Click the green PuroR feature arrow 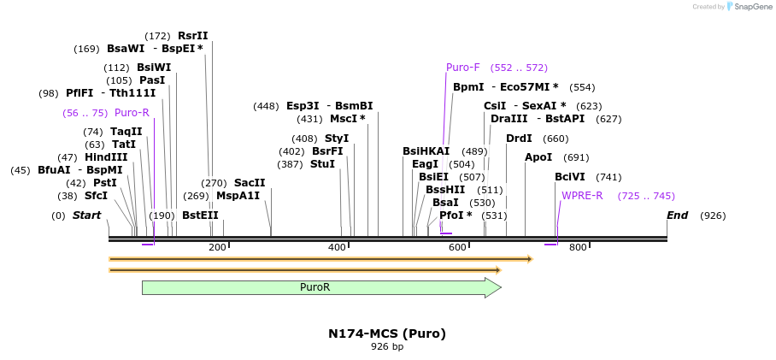[316, 287]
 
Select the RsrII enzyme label [192, 36]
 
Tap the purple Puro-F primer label [463, 68]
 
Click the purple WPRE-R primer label [582, 196]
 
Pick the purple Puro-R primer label [132, 113]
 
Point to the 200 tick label [217, 248]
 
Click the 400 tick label [338, 248]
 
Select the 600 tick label [457, 248]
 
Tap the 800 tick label [578, 248]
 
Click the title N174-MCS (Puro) [387, 333]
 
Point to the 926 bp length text [387, 347]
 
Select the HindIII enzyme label [106, 157]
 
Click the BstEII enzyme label [200, 215]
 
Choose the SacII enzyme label [250, 183]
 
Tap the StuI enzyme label [322, 164]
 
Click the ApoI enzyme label [538, 157]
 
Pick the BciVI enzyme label [570, 177]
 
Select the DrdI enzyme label [519, 139]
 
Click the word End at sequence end [677, 215]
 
